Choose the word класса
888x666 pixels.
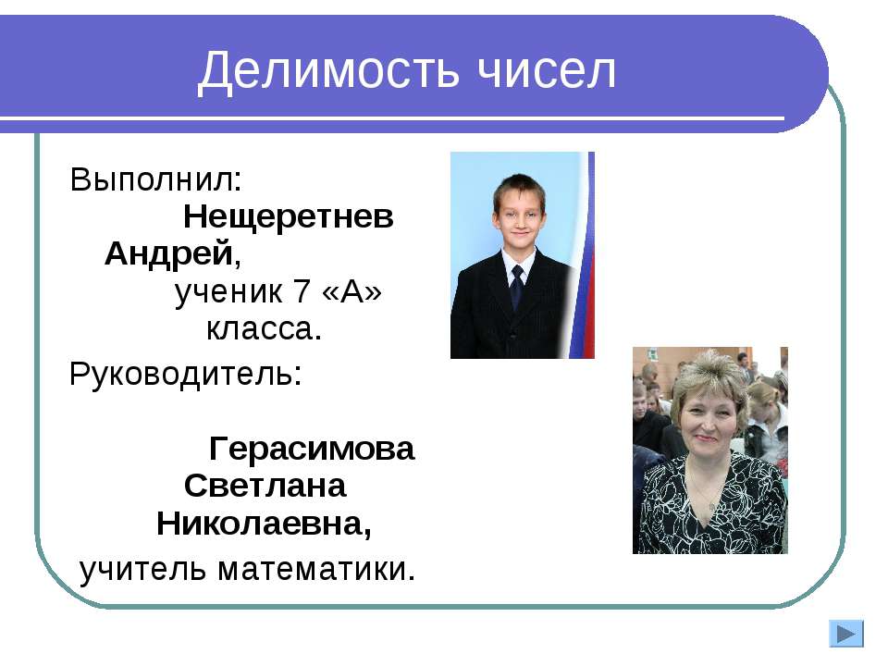pyautogui.click(x=263, y=328)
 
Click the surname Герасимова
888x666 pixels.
pyautogui.click(x=313, y=450)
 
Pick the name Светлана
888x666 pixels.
pyautogui.click(x=265, y=486)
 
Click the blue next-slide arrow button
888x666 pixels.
pyautogui.click(x=845, y=635)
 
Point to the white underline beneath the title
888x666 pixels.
pyautogui.click(x=407, y=119)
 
